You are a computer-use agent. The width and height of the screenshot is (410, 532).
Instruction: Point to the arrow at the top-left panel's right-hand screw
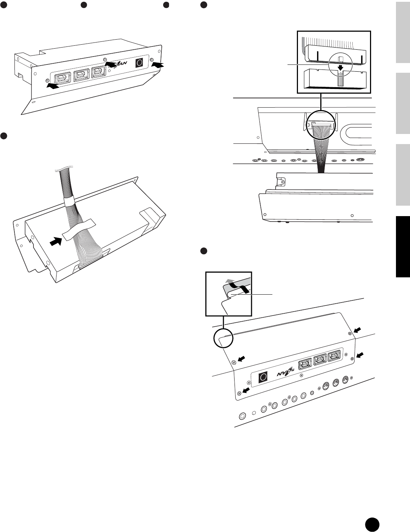[158, 65]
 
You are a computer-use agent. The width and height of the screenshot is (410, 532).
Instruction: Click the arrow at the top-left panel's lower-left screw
[52, 86]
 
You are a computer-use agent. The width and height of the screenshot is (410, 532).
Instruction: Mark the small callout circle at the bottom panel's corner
[223, 339]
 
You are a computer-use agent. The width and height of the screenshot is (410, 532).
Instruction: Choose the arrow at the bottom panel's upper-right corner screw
[357, 330]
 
